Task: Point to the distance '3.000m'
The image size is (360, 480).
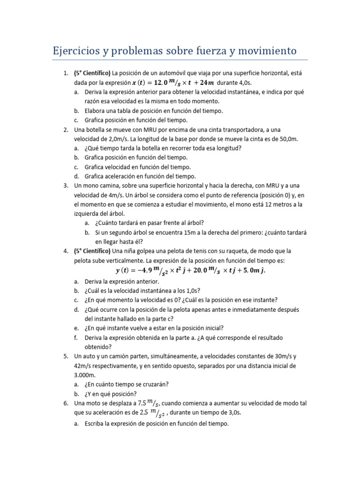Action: point(85,375)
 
